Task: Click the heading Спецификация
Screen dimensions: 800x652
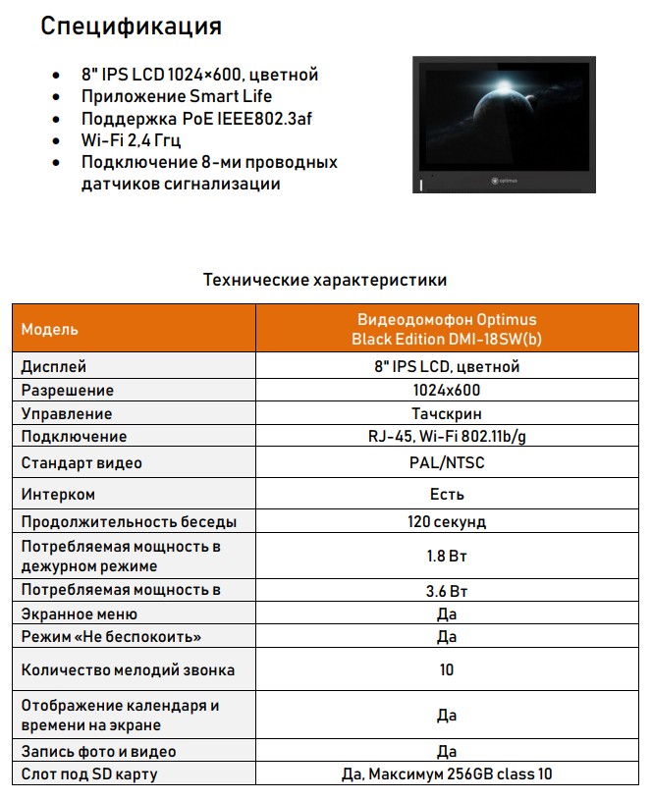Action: click(x=131, y=27)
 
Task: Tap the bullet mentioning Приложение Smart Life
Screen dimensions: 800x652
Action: click(x=177, y=96)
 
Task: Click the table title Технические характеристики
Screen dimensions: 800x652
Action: click(x=325, y=280)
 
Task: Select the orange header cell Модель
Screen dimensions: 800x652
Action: click(x=50, y=329)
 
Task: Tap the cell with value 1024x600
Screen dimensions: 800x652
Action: click(x=447, y=390)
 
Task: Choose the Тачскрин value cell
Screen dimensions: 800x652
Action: click(x=447, y=413)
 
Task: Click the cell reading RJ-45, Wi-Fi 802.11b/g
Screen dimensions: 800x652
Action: click(x=447, y=437)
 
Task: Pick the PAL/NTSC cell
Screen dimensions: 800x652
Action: click(x=447, y=462)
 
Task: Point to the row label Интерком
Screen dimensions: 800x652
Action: click(x=59, y=494)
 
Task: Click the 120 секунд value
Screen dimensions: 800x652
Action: click(x=447, y=521)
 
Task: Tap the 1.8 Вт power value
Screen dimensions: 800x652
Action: click(x=447, y=556)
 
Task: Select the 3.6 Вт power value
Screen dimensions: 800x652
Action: click(x=447, y=590)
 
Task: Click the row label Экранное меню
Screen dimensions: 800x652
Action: click(x=80, y=613)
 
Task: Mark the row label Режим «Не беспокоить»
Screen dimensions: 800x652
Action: click(x=112, y=637)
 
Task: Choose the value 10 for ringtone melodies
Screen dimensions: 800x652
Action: click(x=447, y=670)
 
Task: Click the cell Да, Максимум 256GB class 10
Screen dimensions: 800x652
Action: click(x=447, y=774)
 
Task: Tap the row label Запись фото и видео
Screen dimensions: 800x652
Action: click(x=99, y=751)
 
